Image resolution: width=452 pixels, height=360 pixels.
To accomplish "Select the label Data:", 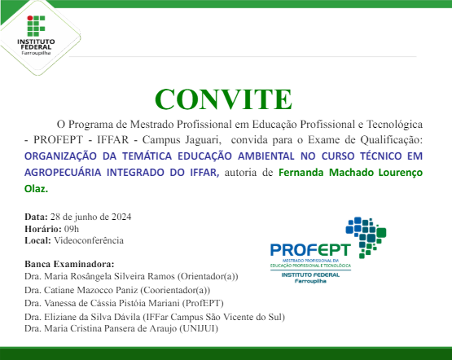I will (36, 217).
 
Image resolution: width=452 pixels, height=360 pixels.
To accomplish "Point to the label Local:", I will (38, 240).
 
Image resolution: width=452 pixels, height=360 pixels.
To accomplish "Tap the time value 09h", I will (70, 229).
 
